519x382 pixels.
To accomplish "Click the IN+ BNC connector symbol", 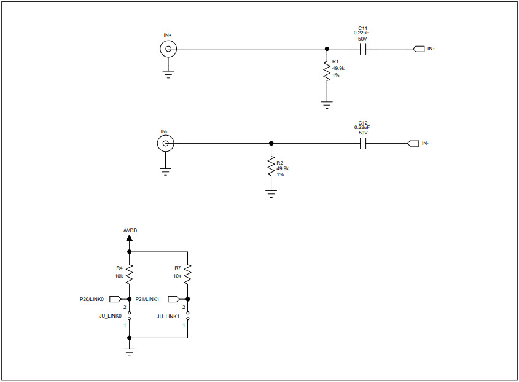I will [168, 49].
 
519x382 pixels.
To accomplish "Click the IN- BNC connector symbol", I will [165, 144].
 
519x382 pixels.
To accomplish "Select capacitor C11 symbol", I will [362, 49].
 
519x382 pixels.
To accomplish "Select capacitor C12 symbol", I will [362, 144].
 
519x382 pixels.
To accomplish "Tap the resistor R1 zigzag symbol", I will [327, 71].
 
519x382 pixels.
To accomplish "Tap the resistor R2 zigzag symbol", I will [271, 166].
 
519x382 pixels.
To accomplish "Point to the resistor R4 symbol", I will [129, 272].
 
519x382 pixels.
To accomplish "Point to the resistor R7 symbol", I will [188, 272].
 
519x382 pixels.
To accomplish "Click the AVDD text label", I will [130, 230].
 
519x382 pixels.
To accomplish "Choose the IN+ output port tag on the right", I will [418, 49].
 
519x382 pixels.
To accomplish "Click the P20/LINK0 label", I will [92, 299].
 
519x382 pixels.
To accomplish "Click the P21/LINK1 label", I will [147, 299].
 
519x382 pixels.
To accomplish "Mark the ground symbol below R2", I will [271, 194].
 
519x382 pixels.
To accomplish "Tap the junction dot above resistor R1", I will [327, 49].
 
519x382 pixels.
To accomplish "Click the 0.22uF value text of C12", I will [362, 127].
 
